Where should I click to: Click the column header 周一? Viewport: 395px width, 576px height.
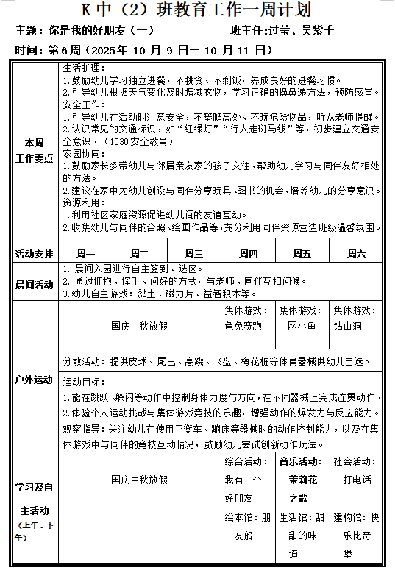coord(76,254)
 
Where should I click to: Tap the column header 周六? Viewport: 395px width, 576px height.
coord(357,254)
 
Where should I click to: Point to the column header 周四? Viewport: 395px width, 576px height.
coord(248,254)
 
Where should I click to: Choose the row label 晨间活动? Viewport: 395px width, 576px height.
coord(35,285)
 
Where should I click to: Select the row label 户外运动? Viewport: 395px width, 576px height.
coord(35,380)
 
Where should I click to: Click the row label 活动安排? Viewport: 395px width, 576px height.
coord(35,254)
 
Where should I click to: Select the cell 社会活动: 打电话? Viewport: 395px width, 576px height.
coord(357,472)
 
